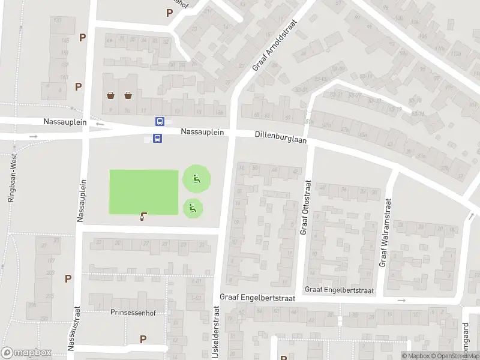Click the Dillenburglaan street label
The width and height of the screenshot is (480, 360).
click(280, 138)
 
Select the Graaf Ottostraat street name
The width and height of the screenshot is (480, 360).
click(305, 208)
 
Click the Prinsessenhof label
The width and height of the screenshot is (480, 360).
click(133, 312)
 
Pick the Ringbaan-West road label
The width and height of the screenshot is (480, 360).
click(11, 177)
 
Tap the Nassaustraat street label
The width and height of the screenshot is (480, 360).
click(74, 328)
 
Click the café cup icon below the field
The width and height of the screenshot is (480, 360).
click(143, 217)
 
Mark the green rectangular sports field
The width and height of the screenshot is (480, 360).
click(144, 191)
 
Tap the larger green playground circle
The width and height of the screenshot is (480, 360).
click(196, 178)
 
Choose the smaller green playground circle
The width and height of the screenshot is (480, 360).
click(193, 208)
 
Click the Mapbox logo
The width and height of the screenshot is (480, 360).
click(26, 353)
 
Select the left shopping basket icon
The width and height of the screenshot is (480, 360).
click(111, 95)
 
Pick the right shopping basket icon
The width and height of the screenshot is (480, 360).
click(128, 95)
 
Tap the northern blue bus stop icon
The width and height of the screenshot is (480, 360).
click(160, 121)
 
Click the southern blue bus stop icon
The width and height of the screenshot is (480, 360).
click(157, 139)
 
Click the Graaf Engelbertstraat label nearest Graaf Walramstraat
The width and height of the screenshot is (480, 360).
click(339, 290)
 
